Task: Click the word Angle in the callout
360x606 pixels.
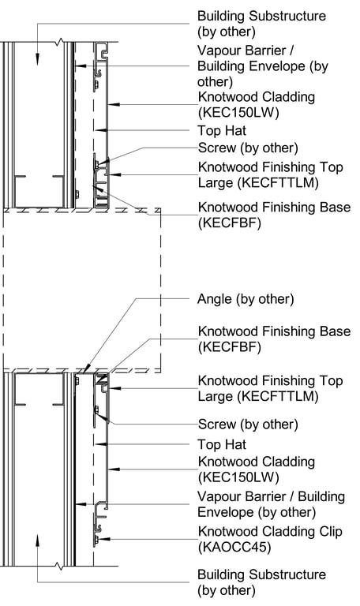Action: (x=215, y=300)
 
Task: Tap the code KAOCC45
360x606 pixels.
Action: (x=234, y=548)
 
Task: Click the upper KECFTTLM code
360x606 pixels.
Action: (x=258, y=183)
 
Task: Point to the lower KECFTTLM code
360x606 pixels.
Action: (x=258, y=397)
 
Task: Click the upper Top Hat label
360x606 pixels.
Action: (x=222, y=131)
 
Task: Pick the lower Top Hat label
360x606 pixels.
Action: (x=222, y=444)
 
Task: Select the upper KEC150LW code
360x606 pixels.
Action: (x=238, y=113)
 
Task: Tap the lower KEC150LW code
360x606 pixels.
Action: (x=238, y=477)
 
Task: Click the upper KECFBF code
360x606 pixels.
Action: (x=230, y=223)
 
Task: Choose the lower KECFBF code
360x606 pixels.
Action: (x=230, y=347)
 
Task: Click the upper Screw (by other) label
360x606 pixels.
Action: (x=248, y=148)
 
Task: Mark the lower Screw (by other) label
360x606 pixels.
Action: (x=248, y=425)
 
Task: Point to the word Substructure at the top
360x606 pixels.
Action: (x=287, y=17)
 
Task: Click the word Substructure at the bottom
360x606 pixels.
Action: (x=287, y=574)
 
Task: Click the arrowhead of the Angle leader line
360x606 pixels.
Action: (x=87, y=368)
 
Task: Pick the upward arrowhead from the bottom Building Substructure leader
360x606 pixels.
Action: (x=38, y=540)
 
